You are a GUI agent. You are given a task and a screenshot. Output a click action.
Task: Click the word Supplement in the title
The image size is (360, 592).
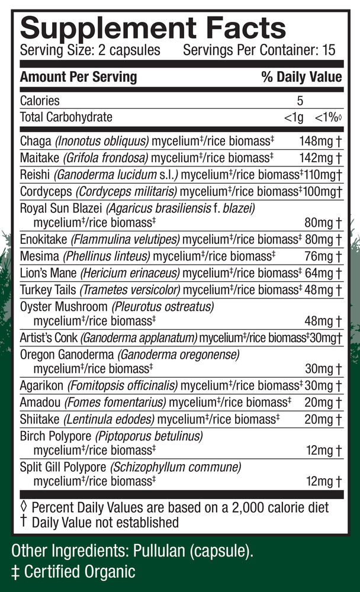(x=89, y=27)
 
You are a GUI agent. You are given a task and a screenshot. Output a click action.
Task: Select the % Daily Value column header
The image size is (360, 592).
(x=301, y=77)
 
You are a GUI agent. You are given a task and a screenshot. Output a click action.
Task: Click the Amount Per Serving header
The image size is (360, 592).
(x=78, y=77)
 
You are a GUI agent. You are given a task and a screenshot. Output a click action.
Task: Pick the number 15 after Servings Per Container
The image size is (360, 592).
(x=329, y=50)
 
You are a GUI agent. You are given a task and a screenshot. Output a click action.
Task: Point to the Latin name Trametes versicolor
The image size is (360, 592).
(x=129, y=290)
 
